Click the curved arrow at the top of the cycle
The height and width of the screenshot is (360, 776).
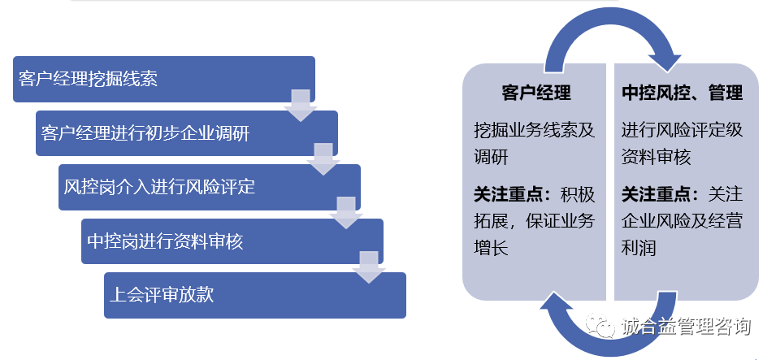pyautogui.click(x=609, y=33)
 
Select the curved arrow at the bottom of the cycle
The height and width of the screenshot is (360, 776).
pyautogui.click(x=609, y=329)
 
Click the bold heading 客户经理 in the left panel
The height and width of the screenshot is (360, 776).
pyautogui.click(x=535, y=93)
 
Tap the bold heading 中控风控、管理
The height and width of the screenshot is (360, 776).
pyautogui.click(x=683, y=93)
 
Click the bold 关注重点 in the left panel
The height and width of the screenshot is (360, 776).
pyautogui.click(x=509, y=195)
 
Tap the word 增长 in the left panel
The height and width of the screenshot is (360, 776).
pyautogui.click(x=492, y=247)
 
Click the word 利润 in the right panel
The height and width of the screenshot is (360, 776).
pyautogui.click(x=639, y=247)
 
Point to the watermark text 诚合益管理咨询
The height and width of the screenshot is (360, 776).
pyautogui.click(x=686, y=327)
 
